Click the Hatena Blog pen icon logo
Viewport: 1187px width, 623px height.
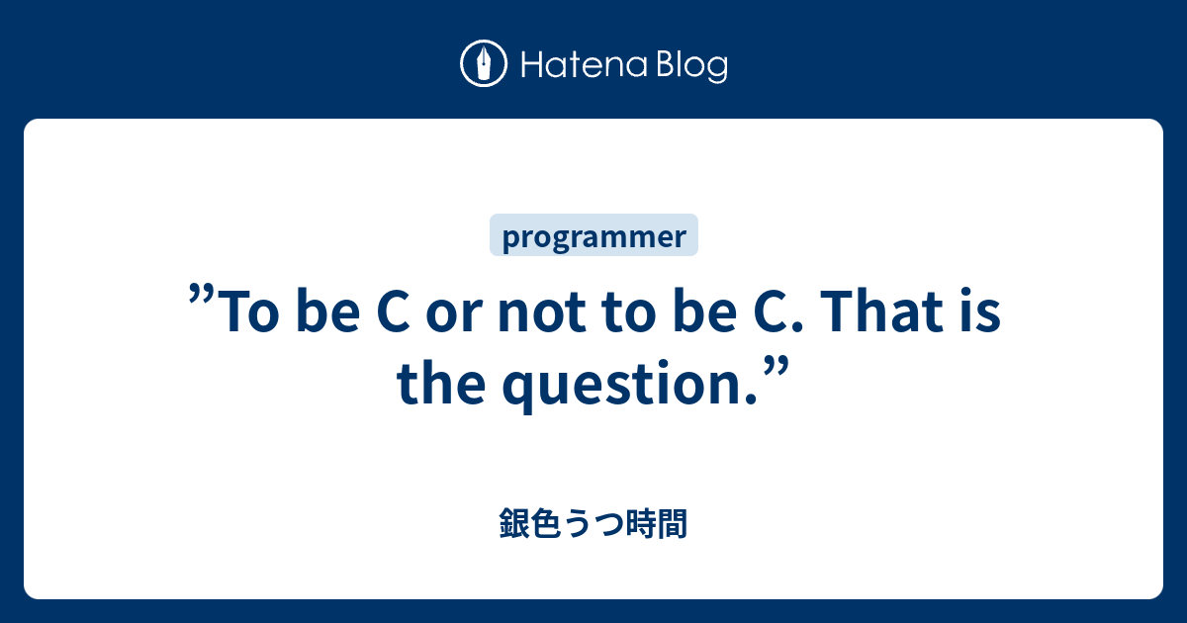[484, 64]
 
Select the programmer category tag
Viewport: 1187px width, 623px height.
[593, 236]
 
